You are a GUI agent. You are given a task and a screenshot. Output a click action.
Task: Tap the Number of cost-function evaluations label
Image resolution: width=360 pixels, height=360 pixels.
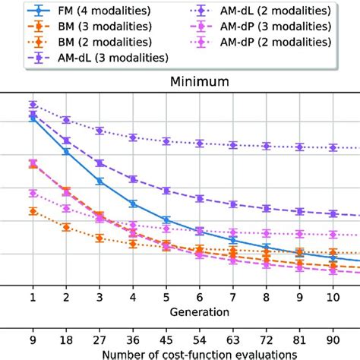point(179,353)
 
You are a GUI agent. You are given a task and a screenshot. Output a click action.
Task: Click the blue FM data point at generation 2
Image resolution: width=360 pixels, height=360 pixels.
point(66,152)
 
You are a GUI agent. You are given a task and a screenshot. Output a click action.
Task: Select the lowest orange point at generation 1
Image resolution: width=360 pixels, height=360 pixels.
point(33,211)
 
